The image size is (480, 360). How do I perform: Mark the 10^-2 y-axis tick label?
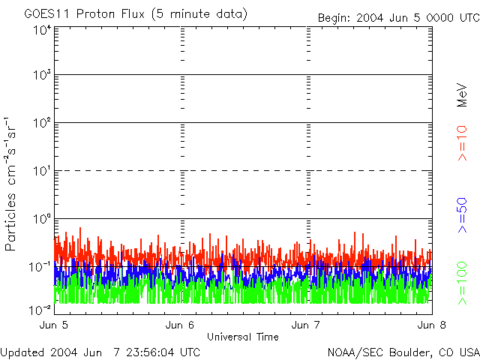(40, 309)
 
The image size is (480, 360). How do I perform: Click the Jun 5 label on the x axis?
(54, 325)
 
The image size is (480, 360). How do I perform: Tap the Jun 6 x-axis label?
(180, 325)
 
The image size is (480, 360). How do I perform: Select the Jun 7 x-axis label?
(306, 325)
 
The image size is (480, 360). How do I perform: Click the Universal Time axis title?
(242, 337)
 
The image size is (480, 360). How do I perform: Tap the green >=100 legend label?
(463, 283)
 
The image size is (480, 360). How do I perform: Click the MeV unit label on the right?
(463, 94)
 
